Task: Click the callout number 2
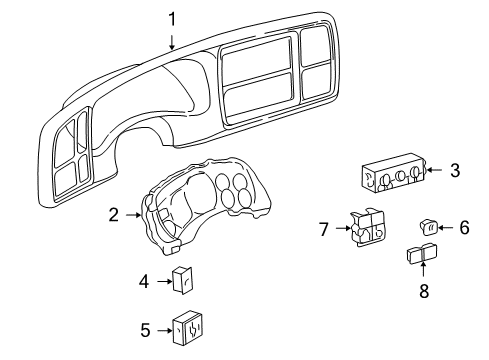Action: [x=114, y=213]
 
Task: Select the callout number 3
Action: [x=454, y=170]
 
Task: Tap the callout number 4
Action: [x=143, y=282]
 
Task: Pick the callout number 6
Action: [x=463, y=228]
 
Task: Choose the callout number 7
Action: [x=323, y=230]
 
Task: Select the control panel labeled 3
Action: [x=393, y=177]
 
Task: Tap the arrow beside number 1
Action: [x=172, y=39]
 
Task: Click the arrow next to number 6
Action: [x=446, y=228]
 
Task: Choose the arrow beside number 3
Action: [x=437, y=171]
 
